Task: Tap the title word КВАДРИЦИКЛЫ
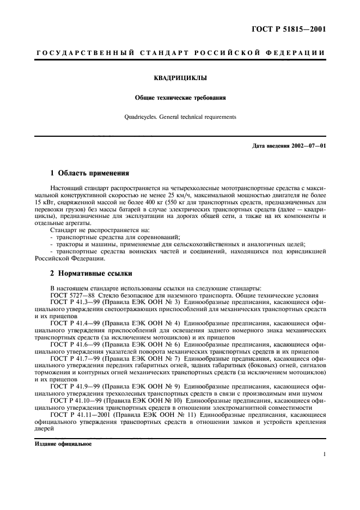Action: (180, 78)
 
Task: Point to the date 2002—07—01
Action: (306, 145)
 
